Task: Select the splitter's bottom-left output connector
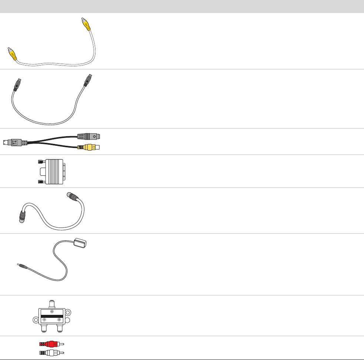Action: click(x=44, y=329)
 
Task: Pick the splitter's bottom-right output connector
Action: click(x=60, y=329)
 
